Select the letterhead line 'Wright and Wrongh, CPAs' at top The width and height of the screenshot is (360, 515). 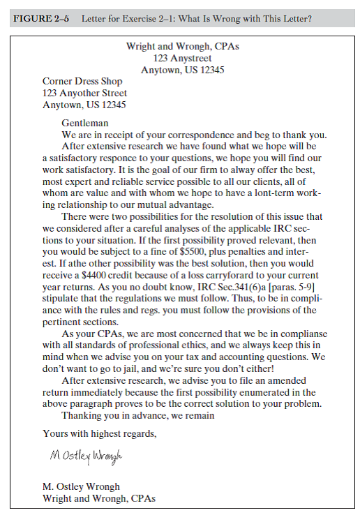pos(182,47)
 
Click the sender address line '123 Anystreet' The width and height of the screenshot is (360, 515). pos(182,59)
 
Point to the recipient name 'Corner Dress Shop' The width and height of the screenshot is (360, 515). pos(82,82)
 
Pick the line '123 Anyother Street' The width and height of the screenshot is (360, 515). pos(85,93)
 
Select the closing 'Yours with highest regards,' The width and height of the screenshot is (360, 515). pos(100,433)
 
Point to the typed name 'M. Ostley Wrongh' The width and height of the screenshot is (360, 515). pos(82,486)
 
